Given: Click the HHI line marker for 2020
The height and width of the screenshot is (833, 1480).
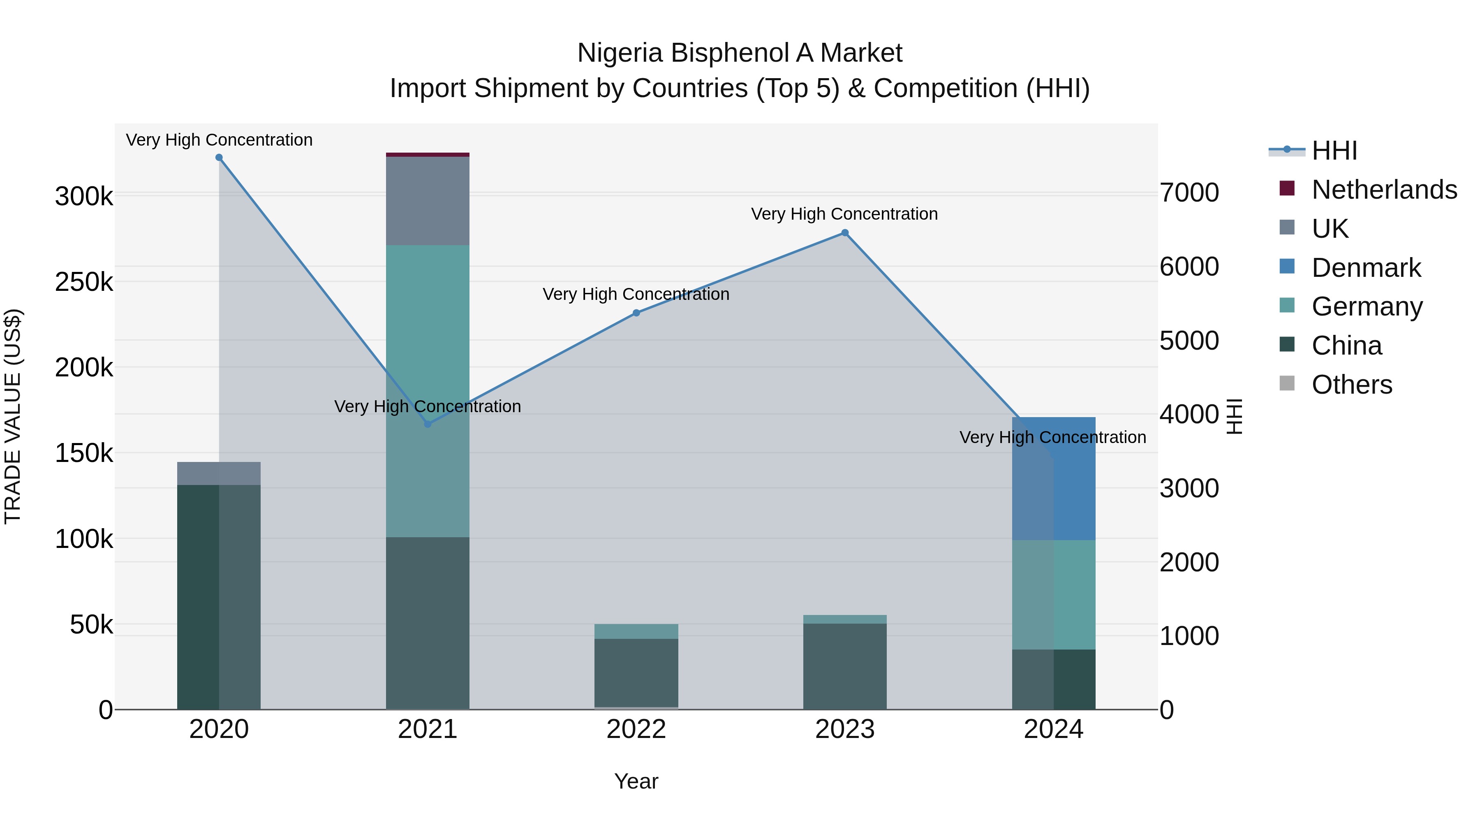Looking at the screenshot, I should click(219, 158).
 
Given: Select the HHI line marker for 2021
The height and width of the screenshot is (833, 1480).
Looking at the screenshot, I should click(428, 424).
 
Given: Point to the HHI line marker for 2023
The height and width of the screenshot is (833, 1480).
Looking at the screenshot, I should click(844, 233).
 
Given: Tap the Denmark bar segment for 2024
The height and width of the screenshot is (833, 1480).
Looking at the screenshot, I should click(1054, 478).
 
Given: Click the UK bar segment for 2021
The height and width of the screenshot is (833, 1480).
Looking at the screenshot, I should click(428, 201).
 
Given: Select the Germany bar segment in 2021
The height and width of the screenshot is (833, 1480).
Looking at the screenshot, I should click(428, 391).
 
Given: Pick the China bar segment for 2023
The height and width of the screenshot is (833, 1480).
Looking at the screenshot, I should click(844, 667).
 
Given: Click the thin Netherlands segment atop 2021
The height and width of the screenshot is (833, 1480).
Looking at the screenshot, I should click(428, 155).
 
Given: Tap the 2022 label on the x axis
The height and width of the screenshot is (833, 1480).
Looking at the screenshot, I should click(636, 729).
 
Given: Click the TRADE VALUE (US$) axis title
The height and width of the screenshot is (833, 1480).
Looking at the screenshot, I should click(13, 416).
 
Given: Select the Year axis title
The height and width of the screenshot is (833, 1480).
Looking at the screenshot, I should click(636, 781).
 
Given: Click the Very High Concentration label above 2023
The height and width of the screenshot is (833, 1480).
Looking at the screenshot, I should click(844, 214).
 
